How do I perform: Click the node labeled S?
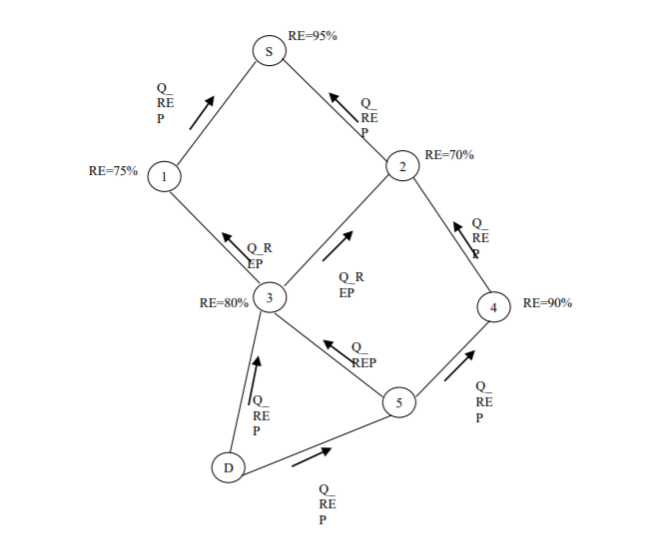(x=269, y=51)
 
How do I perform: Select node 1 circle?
(x=164, y=177)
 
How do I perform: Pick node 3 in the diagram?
(x=270, y=297)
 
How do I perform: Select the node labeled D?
(x=229, y=467)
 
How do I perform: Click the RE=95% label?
(x=313, y=36)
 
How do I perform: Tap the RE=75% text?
(x=113, y=171)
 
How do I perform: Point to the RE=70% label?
(x=449, y=155)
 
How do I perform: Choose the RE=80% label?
(x=224, y=303)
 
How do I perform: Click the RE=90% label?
(x=547, y=303)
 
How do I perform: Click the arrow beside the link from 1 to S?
(x=202, y=112)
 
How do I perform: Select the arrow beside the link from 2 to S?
(x=345, y=108)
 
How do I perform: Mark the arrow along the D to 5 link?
(x=312, y=458)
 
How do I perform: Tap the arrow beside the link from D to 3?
(x=255, y=379)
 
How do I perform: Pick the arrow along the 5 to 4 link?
(x=460, y=366)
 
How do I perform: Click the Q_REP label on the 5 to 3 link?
(x=361, y=356)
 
